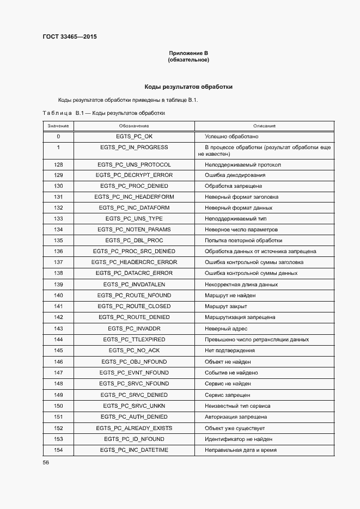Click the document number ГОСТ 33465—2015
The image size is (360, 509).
(x=70, y=37)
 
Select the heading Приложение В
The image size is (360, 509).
(x=188, y=53)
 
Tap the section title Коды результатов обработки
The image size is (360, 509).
(x=188, y=87)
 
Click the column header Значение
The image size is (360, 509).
(x=58, y=126)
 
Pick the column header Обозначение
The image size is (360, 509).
(x=134, y=126)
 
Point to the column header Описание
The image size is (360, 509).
(x=264, y=126)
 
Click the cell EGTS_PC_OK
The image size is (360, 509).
(x=134, y=136)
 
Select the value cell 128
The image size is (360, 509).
(x=58, y=164)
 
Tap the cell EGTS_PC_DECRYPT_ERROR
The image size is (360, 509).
(x=134, y=175)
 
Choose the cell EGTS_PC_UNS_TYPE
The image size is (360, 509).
(x=134, y=218)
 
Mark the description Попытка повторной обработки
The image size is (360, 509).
(x=243, y=240)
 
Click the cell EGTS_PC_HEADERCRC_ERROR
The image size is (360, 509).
(x=134, y=262)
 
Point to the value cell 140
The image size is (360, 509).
(x=58, y=295)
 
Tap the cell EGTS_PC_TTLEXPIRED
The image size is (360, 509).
(x=134, y=339)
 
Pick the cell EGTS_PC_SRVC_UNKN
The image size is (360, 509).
(x=134, y=406)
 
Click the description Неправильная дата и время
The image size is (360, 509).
(x=240, y=450)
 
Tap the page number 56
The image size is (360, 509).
(x=46, y=462)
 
